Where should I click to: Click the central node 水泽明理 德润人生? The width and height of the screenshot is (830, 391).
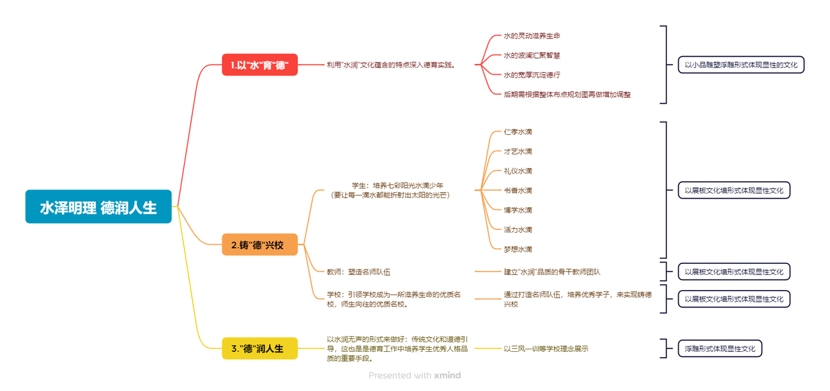(98, 207)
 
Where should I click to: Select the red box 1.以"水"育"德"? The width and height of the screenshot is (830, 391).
(259, 65)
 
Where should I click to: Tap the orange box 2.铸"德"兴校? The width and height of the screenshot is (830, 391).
(259, 245)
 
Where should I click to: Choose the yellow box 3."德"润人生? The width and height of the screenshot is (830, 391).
(259, 349)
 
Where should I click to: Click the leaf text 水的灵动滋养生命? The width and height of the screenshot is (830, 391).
(531, 36)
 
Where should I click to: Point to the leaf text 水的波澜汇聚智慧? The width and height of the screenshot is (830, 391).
(531, 55)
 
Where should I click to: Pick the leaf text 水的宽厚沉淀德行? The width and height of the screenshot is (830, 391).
(531, 75)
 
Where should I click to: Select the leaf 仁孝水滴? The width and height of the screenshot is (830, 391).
(518, 132)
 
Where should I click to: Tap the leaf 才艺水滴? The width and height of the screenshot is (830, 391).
(518, 152)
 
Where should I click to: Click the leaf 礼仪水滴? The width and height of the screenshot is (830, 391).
(518, 171)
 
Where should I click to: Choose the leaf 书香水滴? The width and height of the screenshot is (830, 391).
(518, 191)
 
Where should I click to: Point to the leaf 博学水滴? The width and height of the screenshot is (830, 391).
(518, 210)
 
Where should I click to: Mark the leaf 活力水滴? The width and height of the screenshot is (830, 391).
(518, 230)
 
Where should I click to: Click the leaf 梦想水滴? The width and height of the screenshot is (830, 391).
(518, 250)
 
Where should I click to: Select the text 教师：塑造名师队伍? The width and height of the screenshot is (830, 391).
(359, 272)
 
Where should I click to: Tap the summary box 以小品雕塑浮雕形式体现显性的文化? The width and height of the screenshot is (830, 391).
(741, 65)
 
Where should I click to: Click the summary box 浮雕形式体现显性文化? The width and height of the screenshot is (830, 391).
(720, 349)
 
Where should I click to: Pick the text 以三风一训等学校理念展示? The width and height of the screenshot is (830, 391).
(546, 349)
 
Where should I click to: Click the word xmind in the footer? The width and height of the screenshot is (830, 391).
(447, 375)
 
